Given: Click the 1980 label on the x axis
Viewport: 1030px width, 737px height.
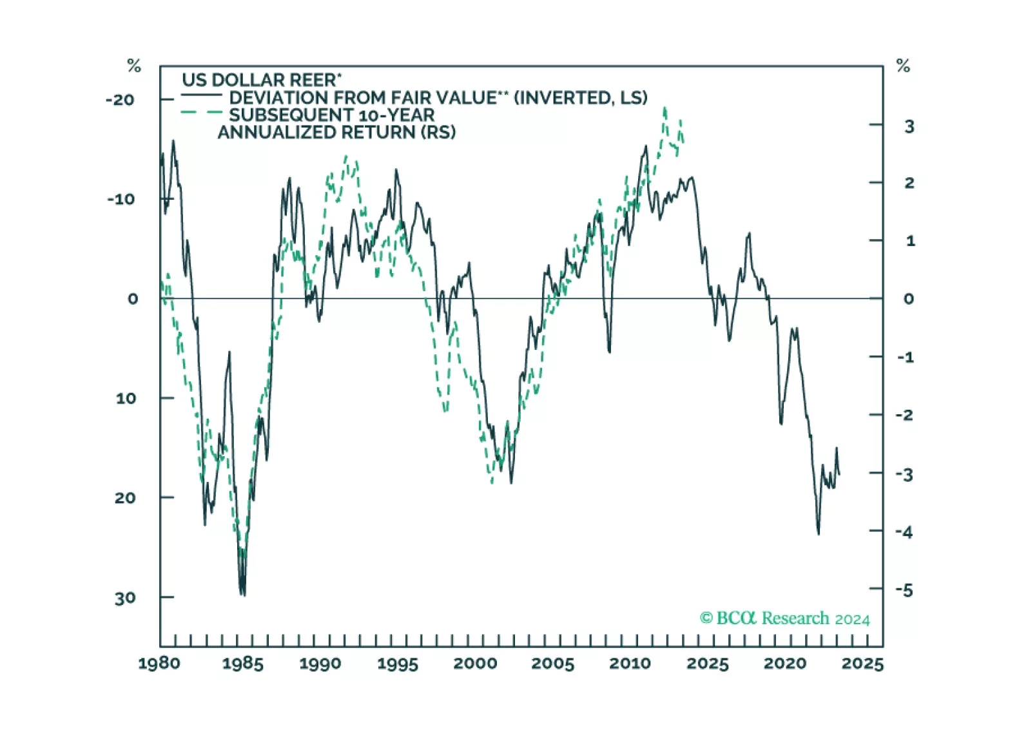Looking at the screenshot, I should (159, 664).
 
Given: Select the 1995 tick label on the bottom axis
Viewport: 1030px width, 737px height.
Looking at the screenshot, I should (398, 664).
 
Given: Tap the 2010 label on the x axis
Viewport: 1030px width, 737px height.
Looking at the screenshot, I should (630, 664).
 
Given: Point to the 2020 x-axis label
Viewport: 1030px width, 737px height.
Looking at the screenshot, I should (785, 664).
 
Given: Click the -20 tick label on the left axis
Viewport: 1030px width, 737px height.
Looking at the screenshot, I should (121, 100).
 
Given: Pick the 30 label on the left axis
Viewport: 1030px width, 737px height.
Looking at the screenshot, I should (126, 598).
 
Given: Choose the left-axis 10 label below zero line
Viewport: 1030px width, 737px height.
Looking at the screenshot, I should (126, 398).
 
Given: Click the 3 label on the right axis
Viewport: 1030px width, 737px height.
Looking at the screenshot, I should (909, 126).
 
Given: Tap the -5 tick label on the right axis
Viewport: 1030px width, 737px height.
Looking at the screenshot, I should (905, 590).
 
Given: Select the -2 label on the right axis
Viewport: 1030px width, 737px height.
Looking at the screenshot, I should (905, 415).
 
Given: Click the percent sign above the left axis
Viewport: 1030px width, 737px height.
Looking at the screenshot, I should (134, 66).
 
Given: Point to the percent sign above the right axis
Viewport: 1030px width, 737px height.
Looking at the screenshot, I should (903, 66).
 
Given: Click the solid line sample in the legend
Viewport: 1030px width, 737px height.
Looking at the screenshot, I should (202, 97).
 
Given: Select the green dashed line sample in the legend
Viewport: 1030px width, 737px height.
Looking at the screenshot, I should (202, 113).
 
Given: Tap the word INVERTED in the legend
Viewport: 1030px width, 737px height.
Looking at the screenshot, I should (562, 97).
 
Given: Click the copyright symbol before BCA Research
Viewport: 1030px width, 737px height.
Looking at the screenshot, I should (706, 618).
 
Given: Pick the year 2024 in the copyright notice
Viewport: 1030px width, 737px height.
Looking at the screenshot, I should (852, 619).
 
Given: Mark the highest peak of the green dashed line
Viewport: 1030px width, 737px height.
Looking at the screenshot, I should (665, 108).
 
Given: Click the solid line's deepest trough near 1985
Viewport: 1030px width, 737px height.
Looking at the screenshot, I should (243, 595).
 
